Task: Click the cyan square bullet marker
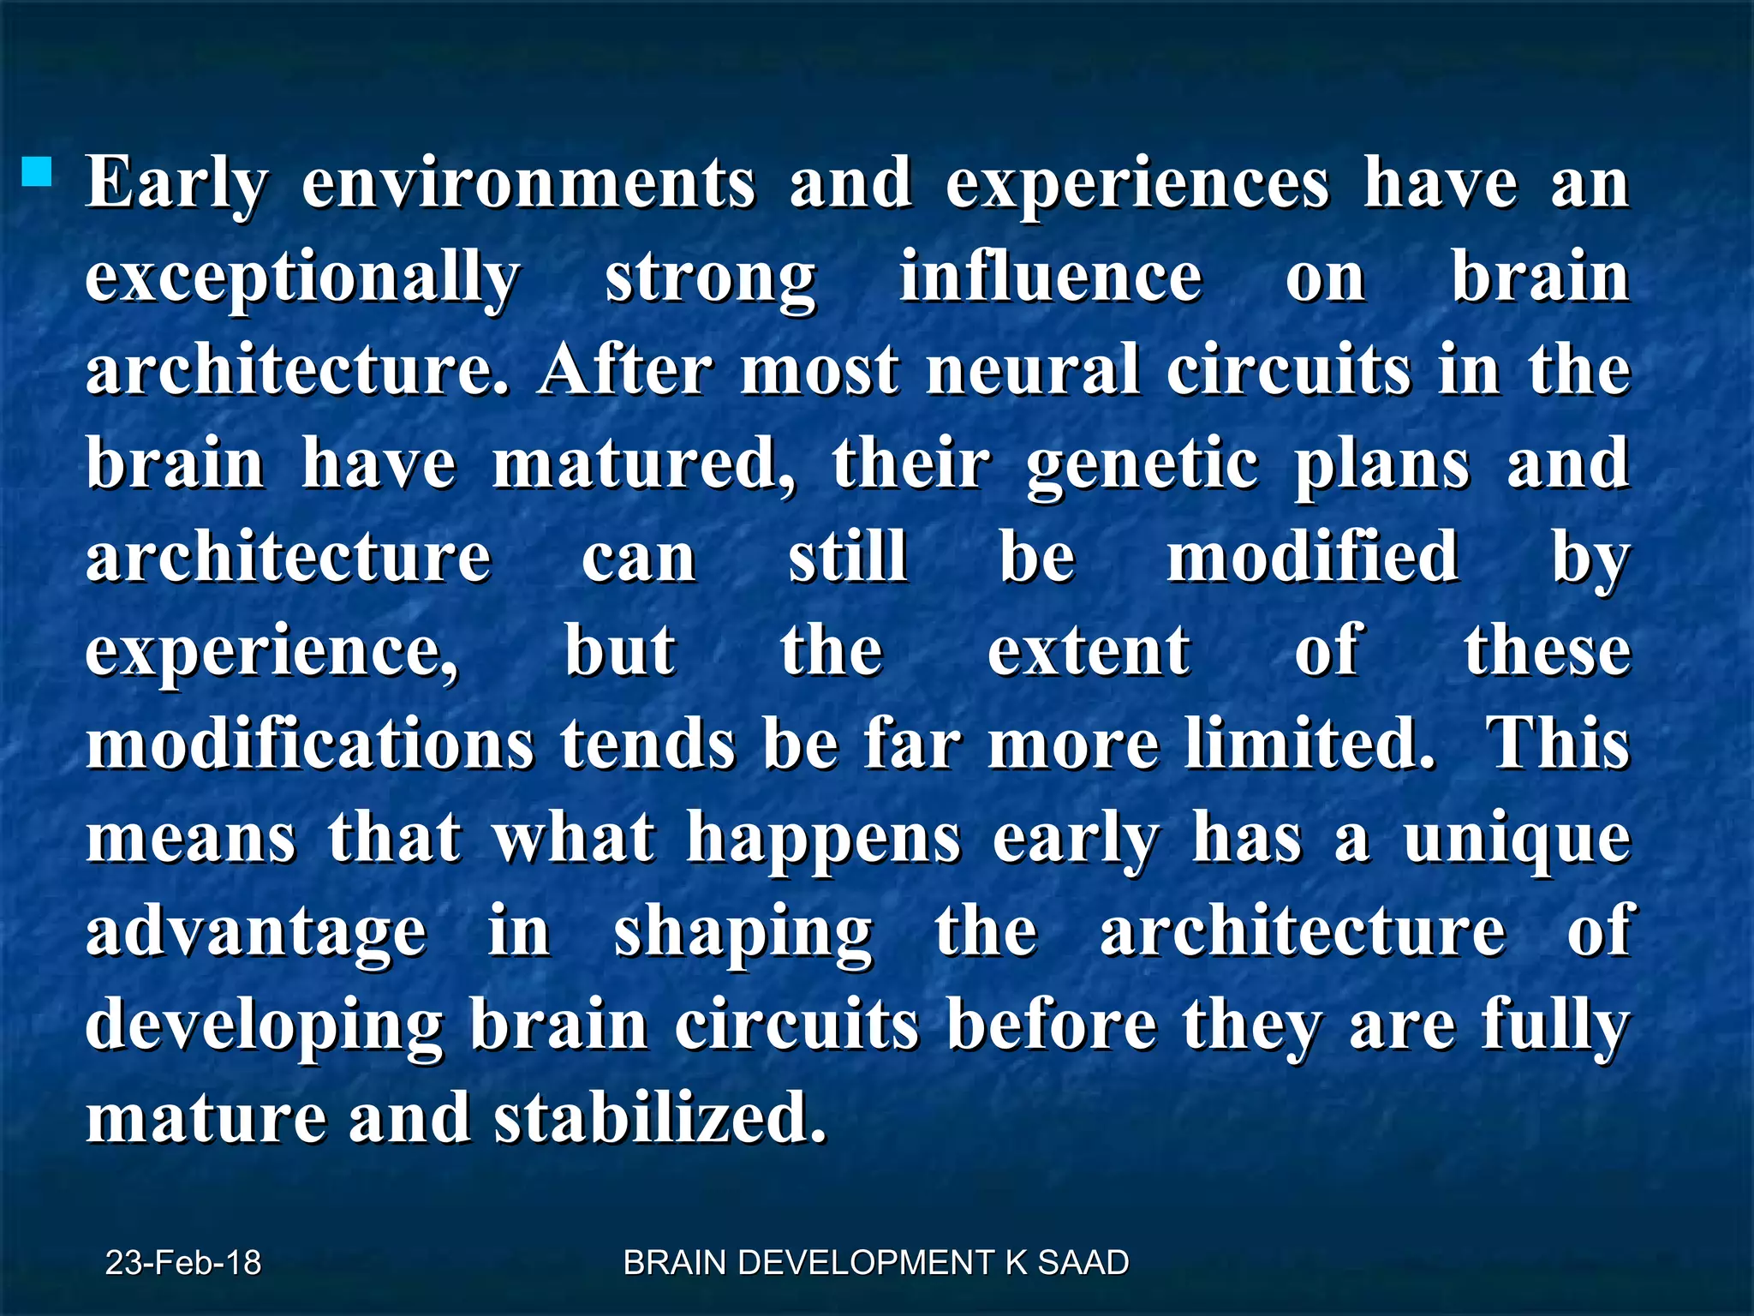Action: point(38,170)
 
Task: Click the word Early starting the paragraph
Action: point(176,184)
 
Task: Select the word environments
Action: point(528,184)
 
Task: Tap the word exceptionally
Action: point(302,278)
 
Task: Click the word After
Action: point(624,370)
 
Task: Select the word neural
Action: point(1034,370)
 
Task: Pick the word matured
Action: point(643,464)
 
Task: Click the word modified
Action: point(1313,557)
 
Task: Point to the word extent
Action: point(1089,651)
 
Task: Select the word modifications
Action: point(310,744)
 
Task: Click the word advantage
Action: point(256,932)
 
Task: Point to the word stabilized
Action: point(660,1118)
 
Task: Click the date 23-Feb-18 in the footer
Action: point(183,1263)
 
